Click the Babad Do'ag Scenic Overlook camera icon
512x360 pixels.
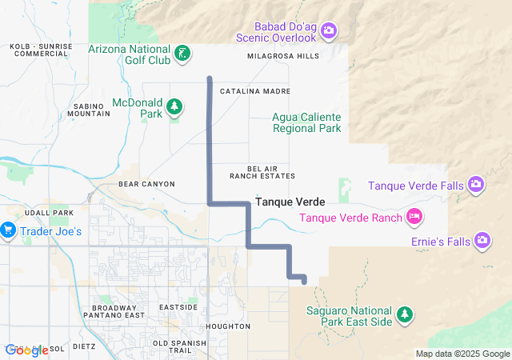pos(329,31)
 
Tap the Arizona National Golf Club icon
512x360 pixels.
pos(183,54)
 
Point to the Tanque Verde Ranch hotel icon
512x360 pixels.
pos(414,216)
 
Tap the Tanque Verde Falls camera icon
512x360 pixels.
pos(476,186)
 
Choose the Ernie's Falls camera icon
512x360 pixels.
pos(482,239)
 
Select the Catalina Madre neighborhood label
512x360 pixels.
pos(254,92)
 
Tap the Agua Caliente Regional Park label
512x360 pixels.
pos(307,122)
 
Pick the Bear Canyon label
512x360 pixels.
pos(146,184)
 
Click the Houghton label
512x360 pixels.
pos(228,326)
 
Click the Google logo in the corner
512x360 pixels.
pos(26,350)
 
